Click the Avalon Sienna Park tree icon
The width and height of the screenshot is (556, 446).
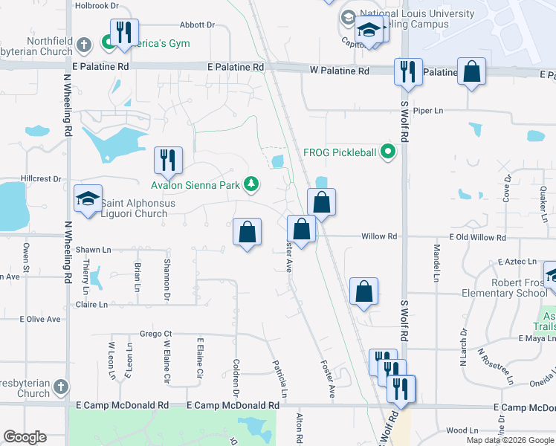point(252,183)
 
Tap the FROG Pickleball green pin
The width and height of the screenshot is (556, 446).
point(387,153)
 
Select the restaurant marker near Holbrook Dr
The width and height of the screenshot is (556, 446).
point(124,33)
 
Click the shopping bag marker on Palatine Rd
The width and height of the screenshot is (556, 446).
point(471,72)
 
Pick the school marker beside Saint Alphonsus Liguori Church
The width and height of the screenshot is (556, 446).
point(88,199)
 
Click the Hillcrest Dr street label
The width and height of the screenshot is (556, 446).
point(42,179)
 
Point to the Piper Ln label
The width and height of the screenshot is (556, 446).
point(428,111)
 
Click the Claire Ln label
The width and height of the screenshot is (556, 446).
point(91,305)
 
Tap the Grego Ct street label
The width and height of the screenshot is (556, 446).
point(156,334)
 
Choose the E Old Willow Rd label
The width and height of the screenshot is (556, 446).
point(476,236)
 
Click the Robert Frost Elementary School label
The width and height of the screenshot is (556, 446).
point(508,288)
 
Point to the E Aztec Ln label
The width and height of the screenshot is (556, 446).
point(517,262)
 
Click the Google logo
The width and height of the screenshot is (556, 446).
point(25,437)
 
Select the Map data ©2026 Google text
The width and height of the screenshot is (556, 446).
point(510,440)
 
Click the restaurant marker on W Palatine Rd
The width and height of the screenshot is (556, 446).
point(407,71)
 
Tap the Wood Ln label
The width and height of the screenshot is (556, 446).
point(462,430)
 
